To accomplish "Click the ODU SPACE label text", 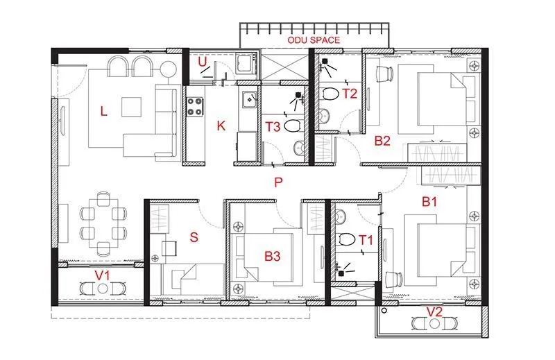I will click(x=314, y=40).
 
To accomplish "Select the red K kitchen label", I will click(x=221, y=126).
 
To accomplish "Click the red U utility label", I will click(x=202, y=63).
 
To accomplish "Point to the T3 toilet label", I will click(x=273, y=126).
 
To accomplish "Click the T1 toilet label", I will click(x=365, y=241).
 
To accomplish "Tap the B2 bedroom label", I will click(x=382, y=141).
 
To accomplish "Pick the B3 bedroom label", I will click(x=272, y=256).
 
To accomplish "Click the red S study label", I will click(x=194, y=237).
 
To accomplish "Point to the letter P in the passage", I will click(x=277, y=182).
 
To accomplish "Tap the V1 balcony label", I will click(x=103, y=275).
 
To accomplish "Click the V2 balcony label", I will click(x=434, y=312).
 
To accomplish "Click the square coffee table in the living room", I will click(x=132, y=107).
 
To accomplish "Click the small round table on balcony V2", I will click(x=434, y=324).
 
